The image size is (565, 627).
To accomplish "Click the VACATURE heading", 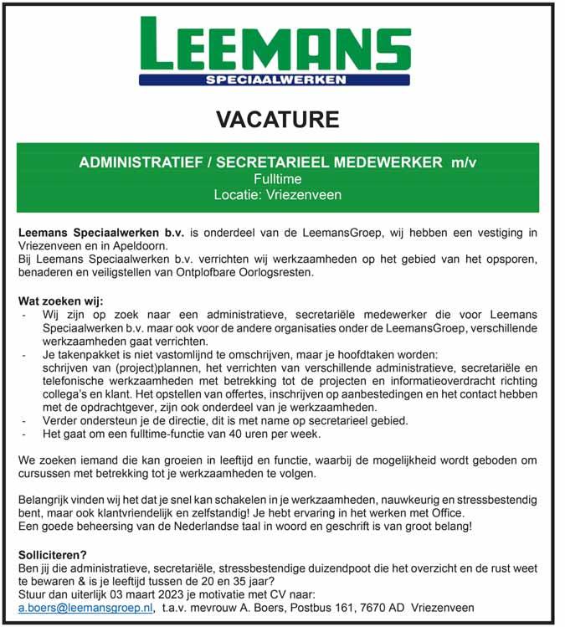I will pyautogui.click(x=278, y=119).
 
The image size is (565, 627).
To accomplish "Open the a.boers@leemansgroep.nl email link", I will pyautogui.click(x=85, y=608).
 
